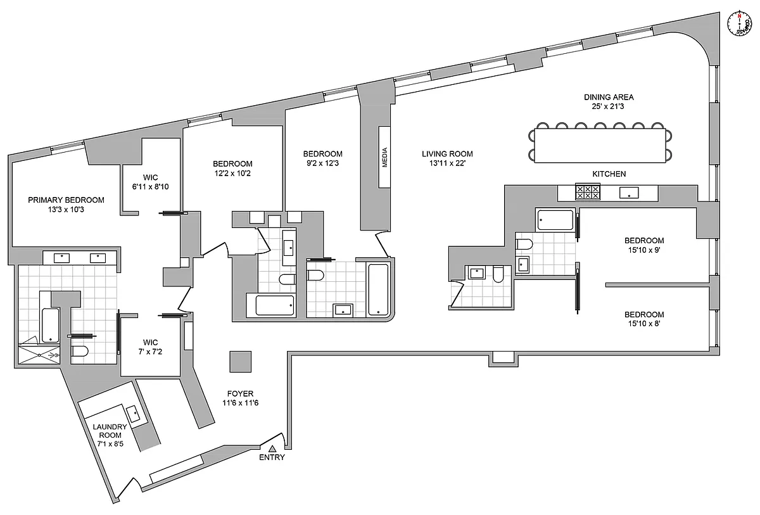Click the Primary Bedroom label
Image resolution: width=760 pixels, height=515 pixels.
click(66, 200)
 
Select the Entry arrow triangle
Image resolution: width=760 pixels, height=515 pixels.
click(272, 448)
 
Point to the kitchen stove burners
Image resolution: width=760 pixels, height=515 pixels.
click(588, 191)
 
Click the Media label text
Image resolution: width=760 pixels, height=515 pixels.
click(384, 157)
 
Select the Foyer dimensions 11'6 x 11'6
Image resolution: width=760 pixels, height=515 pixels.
click(240, 403)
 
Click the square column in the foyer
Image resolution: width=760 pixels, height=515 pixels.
click(240, 362)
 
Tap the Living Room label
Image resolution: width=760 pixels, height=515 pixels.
click(447, 154)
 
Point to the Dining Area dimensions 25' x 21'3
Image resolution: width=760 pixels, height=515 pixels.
click(609, 106)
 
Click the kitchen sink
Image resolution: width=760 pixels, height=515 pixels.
click(628, 192)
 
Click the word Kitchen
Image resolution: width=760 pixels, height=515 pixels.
click(609, 174)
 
